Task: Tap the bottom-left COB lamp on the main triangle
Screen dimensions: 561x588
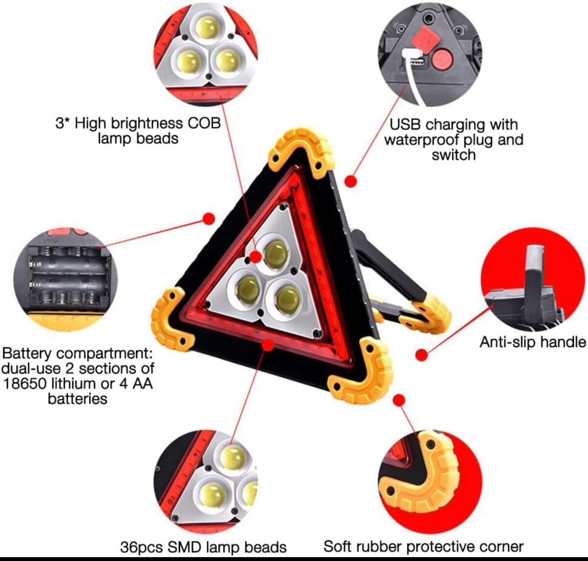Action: click(x=247, y=290)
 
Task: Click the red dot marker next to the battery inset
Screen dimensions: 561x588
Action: click(x=209, y=218)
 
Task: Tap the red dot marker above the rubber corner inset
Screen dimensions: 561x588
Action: click(x=399, y=400)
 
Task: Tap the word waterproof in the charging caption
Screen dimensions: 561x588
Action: click(x=422, y=140)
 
